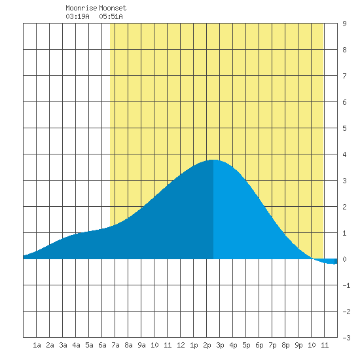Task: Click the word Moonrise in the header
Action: coord(81,8)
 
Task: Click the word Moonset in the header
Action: coord(113,8)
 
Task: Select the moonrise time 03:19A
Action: coord(77,16)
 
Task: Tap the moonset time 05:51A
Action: coord(111,16)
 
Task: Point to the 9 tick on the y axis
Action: coord(344,24)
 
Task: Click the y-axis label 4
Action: coord(344,154)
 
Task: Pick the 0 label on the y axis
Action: coord(344,259)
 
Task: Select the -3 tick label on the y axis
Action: coord(346,338)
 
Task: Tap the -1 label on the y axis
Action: coord(346,285)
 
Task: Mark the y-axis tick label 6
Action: coord(344,102)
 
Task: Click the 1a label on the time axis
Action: coord(37,345)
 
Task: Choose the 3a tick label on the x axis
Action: coord(63,345)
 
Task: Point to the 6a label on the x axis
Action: coord(102,345)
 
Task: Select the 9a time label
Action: coord(141,345)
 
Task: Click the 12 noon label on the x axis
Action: coord(181,345)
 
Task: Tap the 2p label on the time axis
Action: coord(207,345)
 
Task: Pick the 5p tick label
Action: coord(246,345)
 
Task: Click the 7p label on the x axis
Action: coord(272,345)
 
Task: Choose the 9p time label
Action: coord(298,345)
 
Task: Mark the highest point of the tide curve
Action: coord(213,160)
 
